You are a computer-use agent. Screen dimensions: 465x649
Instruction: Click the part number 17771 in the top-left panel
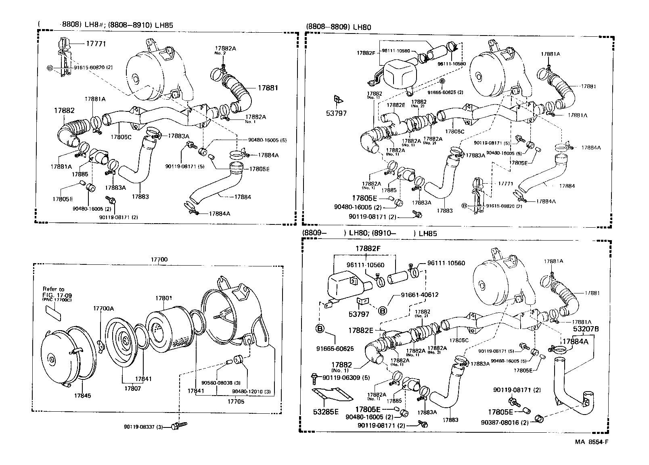tap(96, 43)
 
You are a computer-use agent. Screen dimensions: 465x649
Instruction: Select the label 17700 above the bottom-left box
tap(159, 260)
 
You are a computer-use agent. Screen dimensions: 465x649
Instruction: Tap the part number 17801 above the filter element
tap(163, 298)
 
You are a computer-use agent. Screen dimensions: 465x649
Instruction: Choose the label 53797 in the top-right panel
tap(336, 113)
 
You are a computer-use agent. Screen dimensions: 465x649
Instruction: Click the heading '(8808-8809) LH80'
tap(338, 27)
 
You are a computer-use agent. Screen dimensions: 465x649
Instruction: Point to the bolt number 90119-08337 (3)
tap(143, 427)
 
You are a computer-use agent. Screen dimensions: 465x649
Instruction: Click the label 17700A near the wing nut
tap(104, 308)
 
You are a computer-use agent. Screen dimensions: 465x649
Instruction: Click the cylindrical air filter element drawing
tap(167, 327)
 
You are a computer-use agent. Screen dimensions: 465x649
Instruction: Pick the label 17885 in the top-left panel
tap(80, 174)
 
